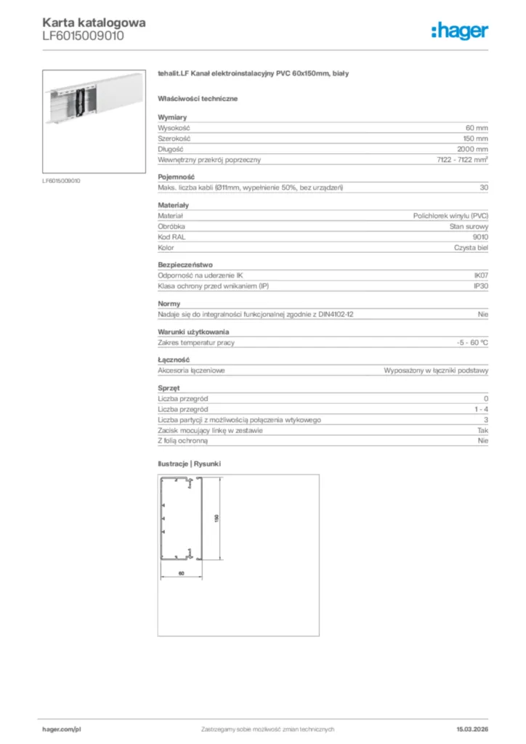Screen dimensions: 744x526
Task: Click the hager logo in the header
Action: click(x=459, y=30)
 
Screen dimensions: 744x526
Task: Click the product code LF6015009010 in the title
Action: click(x=83, y=36)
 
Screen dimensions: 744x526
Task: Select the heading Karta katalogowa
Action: click(x=94, y=22)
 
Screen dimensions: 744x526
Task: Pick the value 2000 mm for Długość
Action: click(x=472, y=149)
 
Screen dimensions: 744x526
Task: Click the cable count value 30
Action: click(x=484, y=187)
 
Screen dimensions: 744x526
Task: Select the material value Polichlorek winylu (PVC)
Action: click(x=450, y=216)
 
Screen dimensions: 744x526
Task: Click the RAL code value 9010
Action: click(x=480, y=237)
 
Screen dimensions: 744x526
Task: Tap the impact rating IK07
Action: click(x=480, y=276)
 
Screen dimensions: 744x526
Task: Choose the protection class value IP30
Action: click(x=480, y=287)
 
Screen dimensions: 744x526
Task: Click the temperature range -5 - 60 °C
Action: click(x=467, y=342)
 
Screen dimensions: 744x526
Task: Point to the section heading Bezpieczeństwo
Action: click(x=185, y=265)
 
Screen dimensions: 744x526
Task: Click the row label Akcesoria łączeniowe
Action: click(x=191, y=370)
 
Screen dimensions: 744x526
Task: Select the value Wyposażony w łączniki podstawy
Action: click(x=436, y=370)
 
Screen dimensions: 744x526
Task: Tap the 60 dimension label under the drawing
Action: click(x=181, y=574)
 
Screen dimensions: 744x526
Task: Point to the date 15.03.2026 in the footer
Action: click(x=466, y=729)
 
